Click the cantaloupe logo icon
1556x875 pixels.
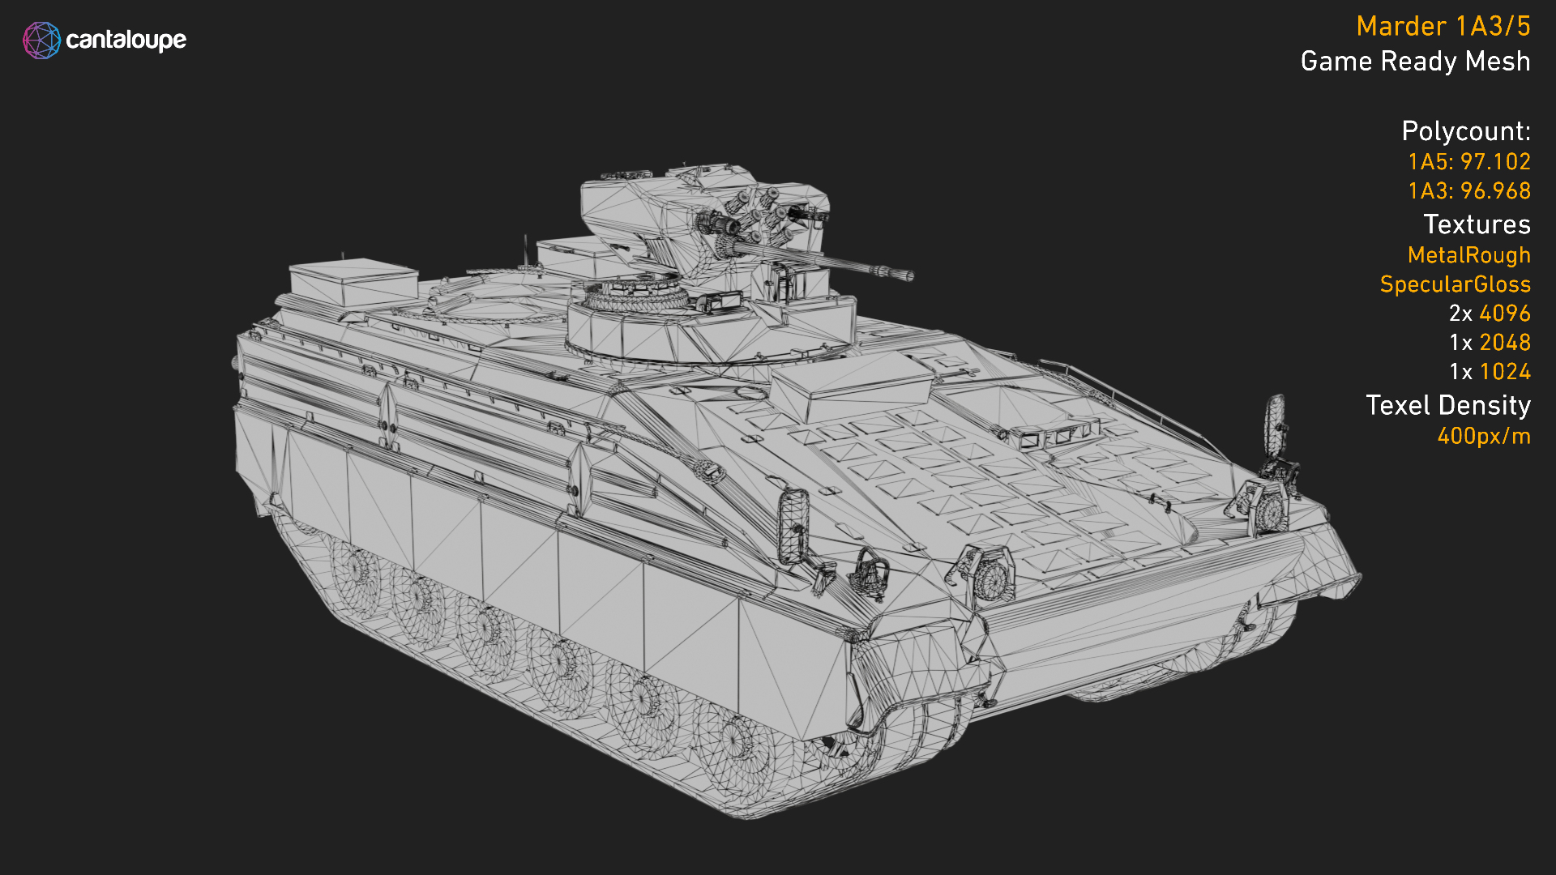[41, 41]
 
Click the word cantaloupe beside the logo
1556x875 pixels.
[126, 40]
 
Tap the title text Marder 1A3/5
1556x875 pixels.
[1443, 27]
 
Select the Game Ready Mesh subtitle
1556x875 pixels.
[1415, 62]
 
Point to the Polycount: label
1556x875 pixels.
[1465, 131]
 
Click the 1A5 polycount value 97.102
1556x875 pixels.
[1495, 162]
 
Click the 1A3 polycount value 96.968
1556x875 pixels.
[1495, 191]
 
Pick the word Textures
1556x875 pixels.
[1477, 224]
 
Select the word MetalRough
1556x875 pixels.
[1468, 255]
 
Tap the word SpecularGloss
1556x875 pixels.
[1455, 284]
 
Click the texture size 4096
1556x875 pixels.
[1504, 314]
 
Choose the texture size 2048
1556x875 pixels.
[1504, 343]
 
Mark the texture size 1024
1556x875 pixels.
[1504, 372]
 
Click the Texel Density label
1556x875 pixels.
[1447, 405]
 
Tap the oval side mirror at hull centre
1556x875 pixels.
[793, 526]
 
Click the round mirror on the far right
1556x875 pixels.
[1276, 423]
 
